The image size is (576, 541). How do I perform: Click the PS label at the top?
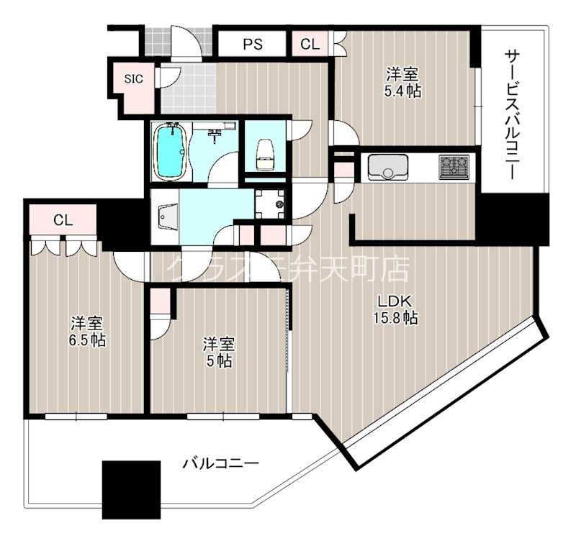pyautogui.click(x=252, y=44)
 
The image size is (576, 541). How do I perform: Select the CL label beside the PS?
pyautogui.click(x=310, y=44)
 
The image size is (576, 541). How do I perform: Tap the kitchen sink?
pyautogui.click(x=388, y=168)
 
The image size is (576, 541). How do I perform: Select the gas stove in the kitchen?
pyautogui.click(x=454, y=168)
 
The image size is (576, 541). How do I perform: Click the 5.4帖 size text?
pyautogui.click(x=403, y=91)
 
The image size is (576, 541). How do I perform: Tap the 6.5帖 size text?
pyautogui.click(x=88, y=340)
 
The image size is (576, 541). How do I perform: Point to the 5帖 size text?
pyautogui.click(x=220, y=361)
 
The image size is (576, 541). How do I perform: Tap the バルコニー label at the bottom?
pyautogui.click(x=220, y=463)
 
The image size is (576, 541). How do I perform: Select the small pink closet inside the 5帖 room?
pyautogui.click(x=160, y=302)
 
